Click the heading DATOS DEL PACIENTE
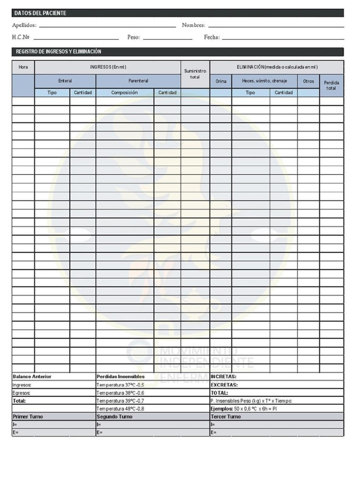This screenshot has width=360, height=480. [40, 13]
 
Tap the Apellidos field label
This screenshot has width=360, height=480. [24, 25]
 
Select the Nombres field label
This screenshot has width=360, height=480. [194, 25]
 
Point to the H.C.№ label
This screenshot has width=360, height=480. [21, 37]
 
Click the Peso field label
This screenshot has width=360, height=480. [134, 37]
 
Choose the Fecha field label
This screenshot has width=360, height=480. [211, 37]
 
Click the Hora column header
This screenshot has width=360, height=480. [23, 67]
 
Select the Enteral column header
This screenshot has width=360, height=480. [65, 81]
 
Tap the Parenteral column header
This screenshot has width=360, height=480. [138, 81]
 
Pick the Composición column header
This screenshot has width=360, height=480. [125, 92]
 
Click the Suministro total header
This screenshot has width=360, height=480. [195, 74]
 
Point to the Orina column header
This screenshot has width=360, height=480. [221, 81]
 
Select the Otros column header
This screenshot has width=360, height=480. [308, 81]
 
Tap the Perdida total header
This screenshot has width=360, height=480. [331, 85]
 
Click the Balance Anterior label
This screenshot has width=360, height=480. [32, 376]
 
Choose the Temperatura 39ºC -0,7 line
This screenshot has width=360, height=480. [120, 401]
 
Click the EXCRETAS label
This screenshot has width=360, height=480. [224, 385]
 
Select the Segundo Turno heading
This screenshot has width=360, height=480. [114, 416]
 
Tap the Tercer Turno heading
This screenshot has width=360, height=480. [226, 416]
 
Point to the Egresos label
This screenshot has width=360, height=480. [22, 393]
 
